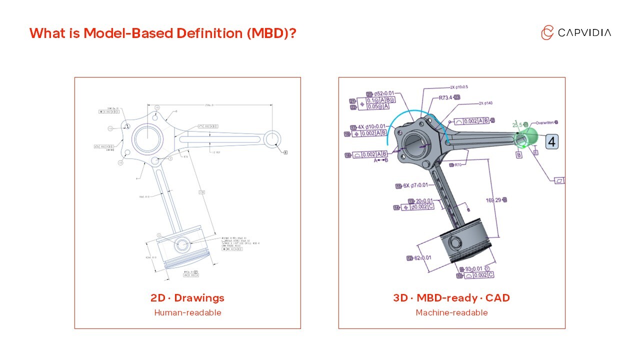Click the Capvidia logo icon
coord(547,32)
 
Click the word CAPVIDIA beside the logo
coord(584,33)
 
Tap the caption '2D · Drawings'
coord(187,298)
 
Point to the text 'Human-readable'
coord(187,313)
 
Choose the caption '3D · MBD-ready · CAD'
coord(451,298)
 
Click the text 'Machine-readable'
coord(451,313)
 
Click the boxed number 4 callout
coord(551,141)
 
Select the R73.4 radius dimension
coord(446,98)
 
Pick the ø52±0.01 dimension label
coord(383,93)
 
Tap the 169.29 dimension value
coord(494,200)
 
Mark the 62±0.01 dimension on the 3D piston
coord(422,258)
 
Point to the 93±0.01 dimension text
coord(474,269)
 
